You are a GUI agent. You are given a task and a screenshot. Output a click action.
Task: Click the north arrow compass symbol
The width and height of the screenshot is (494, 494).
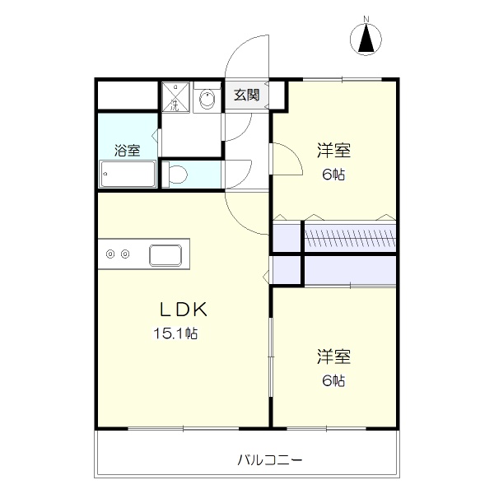click(366, 39)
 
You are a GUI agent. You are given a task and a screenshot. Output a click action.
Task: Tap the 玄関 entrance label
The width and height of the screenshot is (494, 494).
click(246, 95)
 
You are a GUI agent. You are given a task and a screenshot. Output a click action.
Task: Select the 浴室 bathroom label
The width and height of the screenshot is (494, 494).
click(127, 151)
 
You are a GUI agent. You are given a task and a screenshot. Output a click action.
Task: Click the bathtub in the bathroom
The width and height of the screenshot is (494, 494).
click(128, 174)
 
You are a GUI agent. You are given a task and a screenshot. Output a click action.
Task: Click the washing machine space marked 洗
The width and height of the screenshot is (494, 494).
click(175, 97)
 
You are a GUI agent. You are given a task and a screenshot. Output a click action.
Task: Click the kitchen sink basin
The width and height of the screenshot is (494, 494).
click(165, 255)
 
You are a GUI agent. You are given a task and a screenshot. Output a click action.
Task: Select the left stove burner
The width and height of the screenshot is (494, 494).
click(110, 254)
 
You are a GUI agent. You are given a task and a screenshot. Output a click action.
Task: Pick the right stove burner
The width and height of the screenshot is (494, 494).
click(125, 254)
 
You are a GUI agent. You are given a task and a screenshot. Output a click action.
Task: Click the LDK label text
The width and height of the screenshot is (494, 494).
click(184, 309)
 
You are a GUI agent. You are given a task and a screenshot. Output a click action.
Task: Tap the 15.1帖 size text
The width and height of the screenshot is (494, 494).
click(175, 333)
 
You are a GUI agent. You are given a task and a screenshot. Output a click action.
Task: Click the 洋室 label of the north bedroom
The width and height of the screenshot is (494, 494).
click(333, 151)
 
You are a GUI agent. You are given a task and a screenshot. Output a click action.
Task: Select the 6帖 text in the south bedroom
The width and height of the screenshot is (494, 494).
click(333, 381)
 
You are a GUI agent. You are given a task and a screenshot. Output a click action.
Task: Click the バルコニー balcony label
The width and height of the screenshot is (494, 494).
click(270, 460)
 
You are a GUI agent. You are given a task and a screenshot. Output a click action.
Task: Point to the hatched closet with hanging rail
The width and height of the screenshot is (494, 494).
click(350, 237)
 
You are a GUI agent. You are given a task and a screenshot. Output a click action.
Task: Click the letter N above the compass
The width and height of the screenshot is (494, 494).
click(366, 19)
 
